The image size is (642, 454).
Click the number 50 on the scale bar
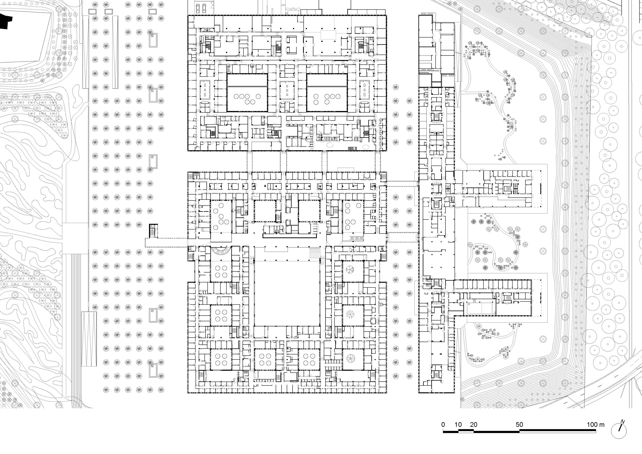pyautogui.click(x=519, y=424)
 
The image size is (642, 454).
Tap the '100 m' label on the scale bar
pyautogui.click(x=595, y=424)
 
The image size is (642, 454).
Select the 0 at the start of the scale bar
pyautogui.click(x=443, y=424)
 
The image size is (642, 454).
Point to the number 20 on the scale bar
pyautogui.click(x=473, y=424)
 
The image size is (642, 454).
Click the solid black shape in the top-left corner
pyautogui.click(x=6, y=21)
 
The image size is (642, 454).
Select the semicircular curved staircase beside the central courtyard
pyautogui.click(x=221, y=251)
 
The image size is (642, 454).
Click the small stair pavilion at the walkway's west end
pyautogui.click(x=153, y=231)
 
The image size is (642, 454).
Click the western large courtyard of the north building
pyautogui.click(x=247, y=93)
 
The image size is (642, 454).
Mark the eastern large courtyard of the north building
pyautogui.click(x=327, y=93)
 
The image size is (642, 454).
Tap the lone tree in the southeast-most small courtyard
pyautogui.click(x=350, y=358)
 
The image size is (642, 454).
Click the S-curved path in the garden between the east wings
pyautogui.click(x=503, y=246)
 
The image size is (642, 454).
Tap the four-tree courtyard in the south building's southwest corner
pyautogui.click(x=221, y=359)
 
